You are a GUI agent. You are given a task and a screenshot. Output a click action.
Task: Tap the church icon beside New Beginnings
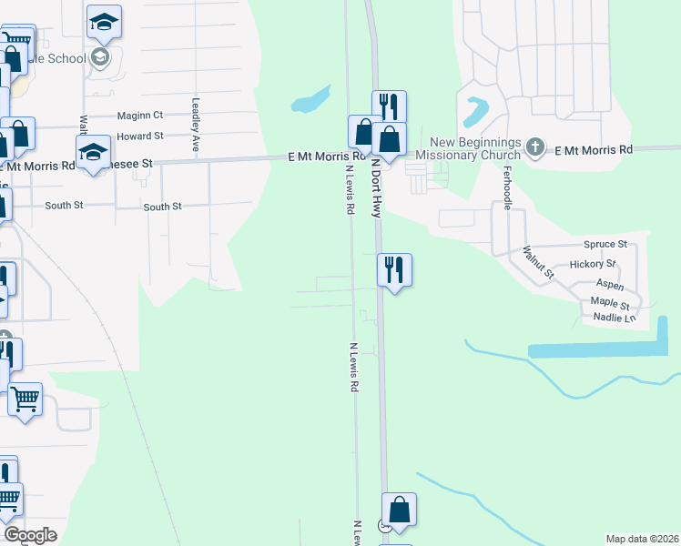(536, 146)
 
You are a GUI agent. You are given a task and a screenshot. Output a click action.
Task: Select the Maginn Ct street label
(139, 116)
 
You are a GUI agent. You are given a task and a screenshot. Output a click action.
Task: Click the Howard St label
(146, 136)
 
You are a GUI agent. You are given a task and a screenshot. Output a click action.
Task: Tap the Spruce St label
(605, 245)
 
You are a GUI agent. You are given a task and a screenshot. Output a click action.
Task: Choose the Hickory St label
(593, 265)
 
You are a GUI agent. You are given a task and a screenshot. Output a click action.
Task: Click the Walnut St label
(537, 261)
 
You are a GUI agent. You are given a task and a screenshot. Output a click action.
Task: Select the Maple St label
(610, 302)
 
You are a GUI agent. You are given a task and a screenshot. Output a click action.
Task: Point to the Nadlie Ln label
(613, 317)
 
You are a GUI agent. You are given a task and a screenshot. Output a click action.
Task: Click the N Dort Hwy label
(375, 187)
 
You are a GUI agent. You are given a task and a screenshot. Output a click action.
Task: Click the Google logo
(30, 535)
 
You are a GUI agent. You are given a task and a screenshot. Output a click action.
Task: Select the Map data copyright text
(642, 539)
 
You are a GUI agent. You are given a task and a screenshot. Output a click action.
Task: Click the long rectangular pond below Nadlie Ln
(596, 349)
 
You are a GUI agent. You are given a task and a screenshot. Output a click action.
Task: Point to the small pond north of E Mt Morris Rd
(310, 99)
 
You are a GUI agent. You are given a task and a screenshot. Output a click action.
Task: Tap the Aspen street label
(610, 286)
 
